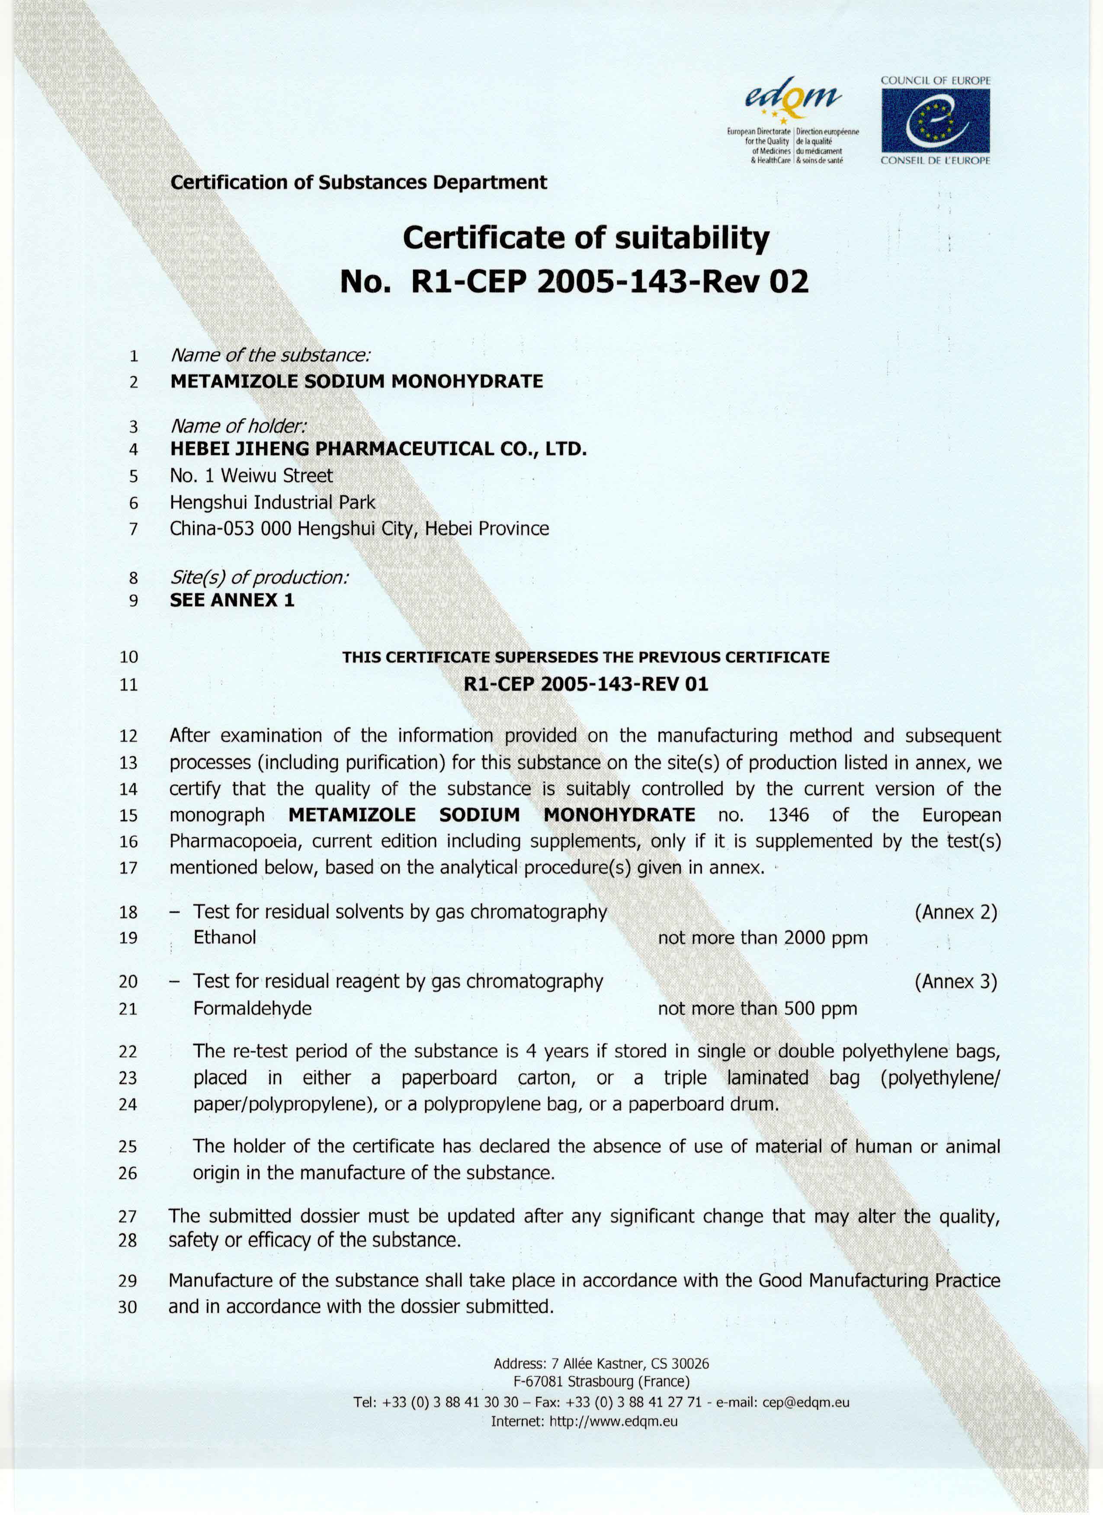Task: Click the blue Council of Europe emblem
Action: click(935, 120)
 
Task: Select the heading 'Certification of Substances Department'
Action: click(359, 182)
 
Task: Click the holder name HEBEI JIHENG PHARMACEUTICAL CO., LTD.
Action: click(378, 449)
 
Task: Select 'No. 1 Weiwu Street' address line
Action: click(251, 476)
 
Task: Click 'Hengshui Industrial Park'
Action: click(273, 502)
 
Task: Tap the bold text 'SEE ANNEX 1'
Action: click(232, 600)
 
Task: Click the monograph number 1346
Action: click(789, 815)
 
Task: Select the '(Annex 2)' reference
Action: click(956, 912)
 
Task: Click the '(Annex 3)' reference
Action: click(956, 981)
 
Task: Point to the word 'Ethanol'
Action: click(224, 937)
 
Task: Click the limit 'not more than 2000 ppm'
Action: click(762, 938)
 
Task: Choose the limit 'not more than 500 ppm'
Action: click(757, 1008)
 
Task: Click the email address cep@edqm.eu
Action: click(806, 1402)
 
